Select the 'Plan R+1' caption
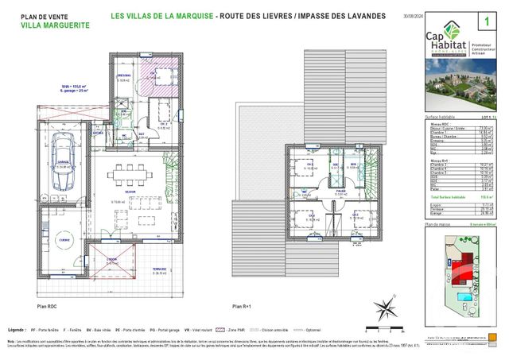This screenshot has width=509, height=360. (x=242, y=305)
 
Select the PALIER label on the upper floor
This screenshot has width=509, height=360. (x=339, y=191)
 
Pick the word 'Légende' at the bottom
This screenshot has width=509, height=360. (x=15, y=327)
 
